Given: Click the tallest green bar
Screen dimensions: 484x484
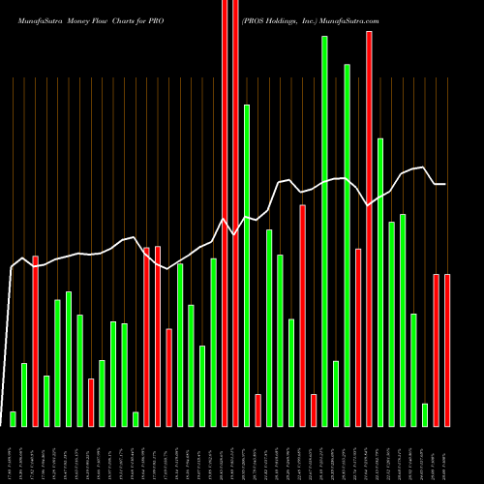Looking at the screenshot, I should tap(324, 230).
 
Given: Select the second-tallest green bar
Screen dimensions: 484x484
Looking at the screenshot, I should tap(347, 244).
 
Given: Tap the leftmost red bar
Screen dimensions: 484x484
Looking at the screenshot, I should tap(36, 341).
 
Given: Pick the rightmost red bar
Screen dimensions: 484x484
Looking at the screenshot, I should tap(447, 350).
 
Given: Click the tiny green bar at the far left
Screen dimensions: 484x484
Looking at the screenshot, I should tap(14, 418).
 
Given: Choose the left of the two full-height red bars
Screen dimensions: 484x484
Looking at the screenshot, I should tap(225, 213).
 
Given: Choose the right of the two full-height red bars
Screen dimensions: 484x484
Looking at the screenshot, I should tap(235, 213).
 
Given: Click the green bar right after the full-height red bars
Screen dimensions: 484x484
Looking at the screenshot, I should tap(247, 265).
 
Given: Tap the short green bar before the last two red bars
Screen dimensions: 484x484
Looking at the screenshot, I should tap(425, 414).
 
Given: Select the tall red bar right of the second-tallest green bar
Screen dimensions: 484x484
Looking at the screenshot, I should tap(369, 228).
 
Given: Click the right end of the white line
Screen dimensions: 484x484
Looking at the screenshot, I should tap(445, 184).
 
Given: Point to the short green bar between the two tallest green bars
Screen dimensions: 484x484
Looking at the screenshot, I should tap(336, 393).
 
